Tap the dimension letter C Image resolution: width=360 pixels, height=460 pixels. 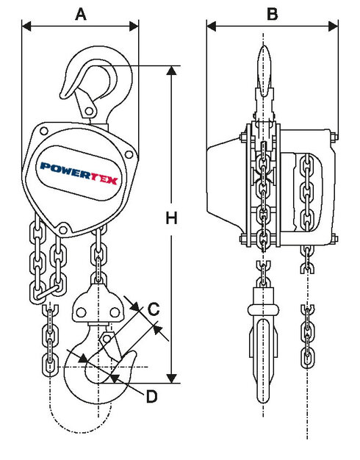click(154, 310)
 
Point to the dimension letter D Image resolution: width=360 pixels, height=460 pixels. click(151, 397)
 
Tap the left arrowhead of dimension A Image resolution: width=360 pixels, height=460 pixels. click(26, 26)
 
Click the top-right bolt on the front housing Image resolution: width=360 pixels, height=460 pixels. click(130, 155)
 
